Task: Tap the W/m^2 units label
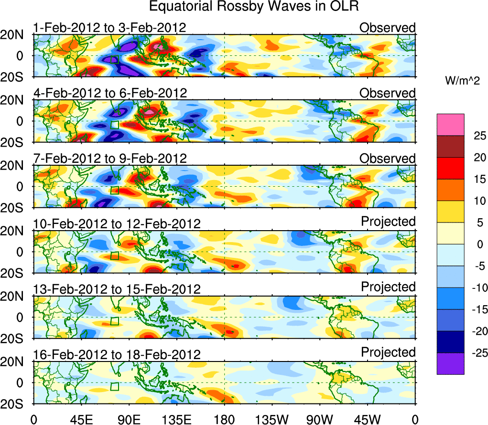coord(464,81)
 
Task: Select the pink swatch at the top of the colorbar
coord(450,125)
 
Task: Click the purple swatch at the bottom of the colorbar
coord(450,363)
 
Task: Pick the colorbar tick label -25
coord(473,352)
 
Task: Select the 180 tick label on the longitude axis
coord(224,420)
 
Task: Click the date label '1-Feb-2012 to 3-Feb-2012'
coord(109,28)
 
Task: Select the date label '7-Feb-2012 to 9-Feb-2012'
coord(109,159)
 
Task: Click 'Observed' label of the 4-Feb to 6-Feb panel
coord(388,93)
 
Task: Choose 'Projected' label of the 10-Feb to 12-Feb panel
coord(388,222)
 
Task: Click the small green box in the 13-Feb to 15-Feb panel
coord(114,321)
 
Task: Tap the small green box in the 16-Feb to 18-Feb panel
coord(114,386)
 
